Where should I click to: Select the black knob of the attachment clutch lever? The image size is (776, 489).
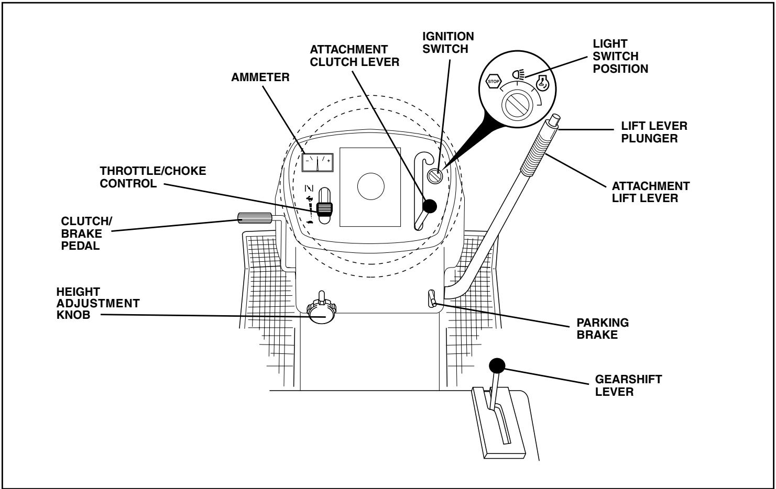coord(430,206)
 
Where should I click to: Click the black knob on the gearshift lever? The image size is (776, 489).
coord(497,365)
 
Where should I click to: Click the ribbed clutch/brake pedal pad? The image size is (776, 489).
coord(255,218)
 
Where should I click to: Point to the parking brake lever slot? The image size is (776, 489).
coord(431,299)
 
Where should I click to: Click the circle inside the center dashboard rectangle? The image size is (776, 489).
coord(370,186)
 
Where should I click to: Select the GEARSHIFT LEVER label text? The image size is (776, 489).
coord(628,386)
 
